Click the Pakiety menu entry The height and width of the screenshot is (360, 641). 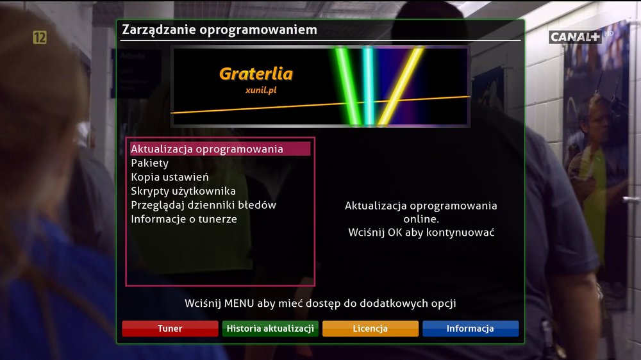[149, 163]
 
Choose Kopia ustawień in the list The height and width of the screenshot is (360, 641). [170, 177]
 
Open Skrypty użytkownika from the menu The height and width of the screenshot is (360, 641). [183, 191]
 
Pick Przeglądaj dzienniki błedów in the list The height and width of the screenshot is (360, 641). [203, 205]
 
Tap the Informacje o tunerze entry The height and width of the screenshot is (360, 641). [184, 219]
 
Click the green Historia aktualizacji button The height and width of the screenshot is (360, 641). [271, 329]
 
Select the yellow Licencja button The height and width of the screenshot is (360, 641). [370, 329]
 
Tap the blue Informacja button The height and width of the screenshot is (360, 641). [470, 329]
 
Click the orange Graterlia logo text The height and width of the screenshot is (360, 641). [256, 74]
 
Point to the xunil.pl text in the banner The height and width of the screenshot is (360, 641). [261, 90]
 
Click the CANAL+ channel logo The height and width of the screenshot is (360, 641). [574, 37]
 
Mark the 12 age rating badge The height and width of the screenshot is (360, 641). [40, 38]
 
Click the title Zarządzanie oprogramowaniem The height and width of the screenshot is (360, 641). [219, 30]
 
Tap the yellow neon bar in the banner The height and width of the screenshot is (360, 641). [401, 86]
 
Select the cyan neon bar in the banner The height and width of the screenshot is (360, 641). [368, 86]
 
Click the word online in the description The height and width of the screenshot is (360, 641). [421, 219]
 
